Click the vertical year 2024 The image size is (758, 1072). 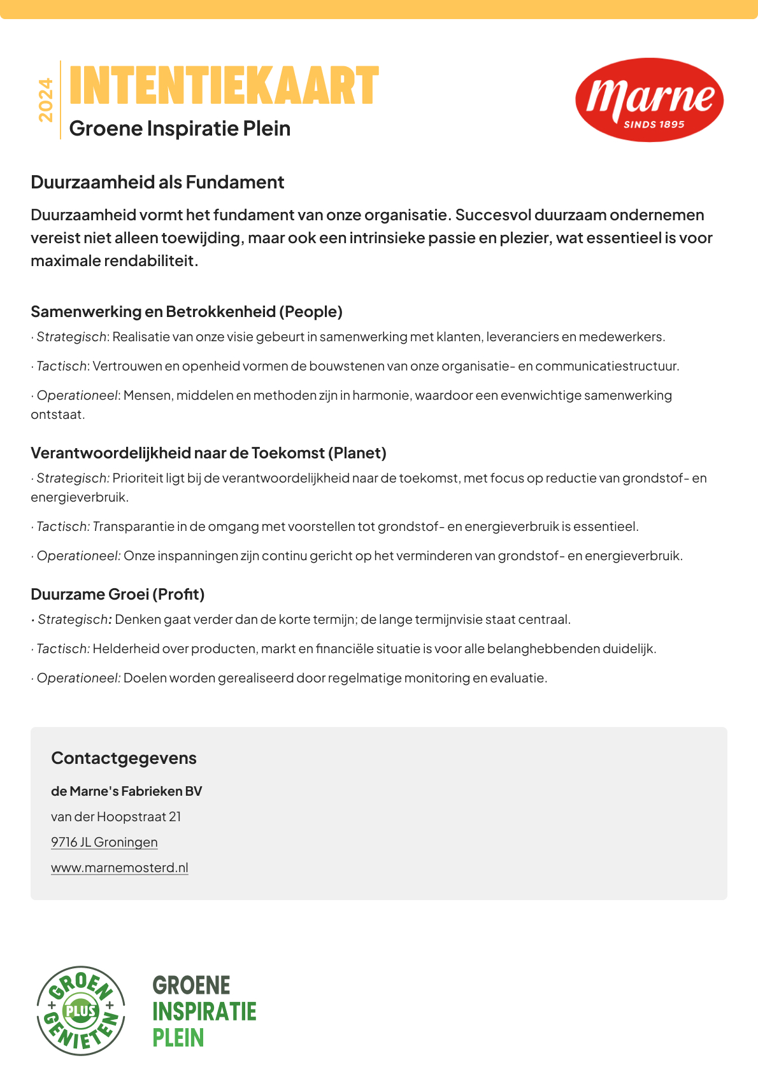(46, 100)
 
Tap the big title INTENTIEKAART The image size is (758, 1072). (224, 86)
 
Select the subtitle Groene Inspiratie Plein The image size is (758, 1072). (180, 129)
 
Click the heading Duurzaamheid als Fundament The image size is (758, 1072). (157, 183)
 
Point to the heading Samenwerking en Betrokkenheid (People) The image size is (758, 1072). (187, 312)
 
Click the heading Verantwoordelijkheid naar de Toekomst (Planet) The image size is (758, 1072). (208, 453)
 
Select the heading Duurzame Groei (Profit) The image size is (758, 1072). (118, 595)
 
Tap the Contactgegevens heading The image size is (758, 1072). (124, 758)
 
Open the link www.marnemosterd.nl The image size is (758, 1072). (120, 868)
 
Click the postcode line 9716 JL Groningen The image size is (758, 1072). (104, 842)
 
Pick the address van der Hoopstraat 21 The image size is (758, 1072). (116, 817)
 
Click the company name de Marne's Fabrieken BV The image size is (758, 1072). (126, 791)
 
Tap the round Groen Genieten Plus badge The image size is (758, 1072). (81, 1010)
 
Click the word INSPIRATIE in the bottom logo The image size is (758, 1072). (204, 1012)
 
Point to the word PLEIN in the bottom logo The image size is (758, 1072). (178, 1038)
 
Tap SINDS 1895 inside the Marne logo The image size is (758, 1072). (654, 125)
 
